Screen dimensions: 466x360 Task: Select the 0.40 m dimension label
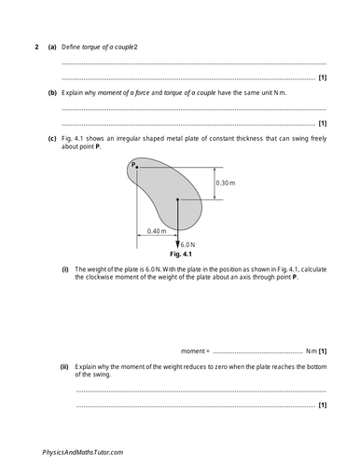click(x=156, y=230)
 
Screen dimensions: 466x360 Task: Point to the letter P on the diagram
click(x=132, y=164)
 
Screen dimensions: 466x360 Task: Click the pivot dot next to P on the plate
click(x=137, y=168)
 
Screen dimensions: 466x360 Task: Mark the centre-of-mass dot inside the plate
click(x=177, y=199)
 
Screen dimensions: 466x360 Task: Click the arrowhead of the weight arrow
click(x=177, y=241)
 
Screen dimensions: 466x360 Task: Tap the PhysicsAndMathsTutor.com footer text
click(x=82, y=451)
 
